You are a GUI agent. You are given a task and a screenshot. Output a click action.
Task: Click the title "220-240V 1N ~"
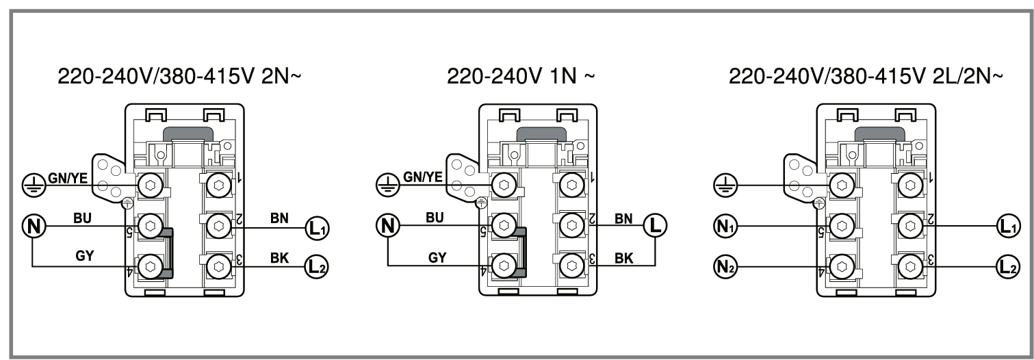tap(521, 76)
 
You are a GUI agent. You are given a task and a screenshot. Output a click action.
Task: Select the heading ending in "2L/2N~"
tap(866, 76)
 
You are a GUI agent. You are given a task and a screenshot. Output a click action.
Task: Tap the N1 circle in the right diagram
tap(725, 227)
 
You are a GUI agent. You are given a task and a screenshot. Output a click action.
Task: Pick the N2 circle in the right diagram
tap(725, 267)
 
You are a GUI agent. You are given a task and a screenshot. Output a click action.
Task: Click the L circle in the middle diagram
tap(656, 226)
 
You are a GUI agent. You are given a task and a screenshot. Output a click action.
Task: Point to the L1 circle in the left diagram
tap(317, 228)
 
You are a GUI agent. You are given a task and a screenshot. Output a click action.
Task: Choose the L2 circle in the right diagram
tap(1008, 267)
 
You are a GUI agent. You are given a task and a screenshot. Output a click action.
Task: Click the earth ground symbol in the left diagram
tap(34, 185)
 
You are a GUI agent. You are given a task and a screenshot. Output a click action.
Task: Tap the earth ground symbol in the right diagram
tap(725, 185)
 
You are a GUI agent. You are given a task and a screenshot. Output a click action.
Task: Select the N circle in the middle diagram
tap(388, 226)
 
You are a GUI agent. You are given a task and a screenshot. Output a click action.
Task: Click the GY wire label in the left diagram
tap(84, 256)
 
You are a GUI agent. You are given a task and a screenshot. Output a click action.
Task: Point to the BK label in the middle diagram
tap(624, 259)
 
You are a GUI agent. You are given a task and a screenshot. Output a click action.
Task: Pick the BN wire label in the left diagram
tap(279, 218)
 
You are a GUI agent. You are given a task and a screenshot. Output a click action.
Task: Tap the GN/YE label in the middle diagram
tap(422, 177)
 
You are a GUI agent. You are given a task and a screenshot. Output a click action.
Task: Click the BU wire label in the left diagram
tap(82, 218)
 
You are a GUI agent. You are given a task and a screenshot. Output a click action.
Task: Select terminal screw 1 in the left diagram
tap(219, 185)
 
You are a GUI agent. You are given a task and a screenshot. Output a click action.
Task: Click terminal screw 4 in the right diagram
tap(842, 267)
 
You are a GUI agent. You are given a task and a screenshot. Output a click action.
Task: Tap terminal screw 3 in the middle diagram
tap(572, 266)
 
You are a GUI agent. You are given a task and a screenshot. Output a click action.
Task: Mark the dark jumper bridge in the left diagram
tap(168, 253)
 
